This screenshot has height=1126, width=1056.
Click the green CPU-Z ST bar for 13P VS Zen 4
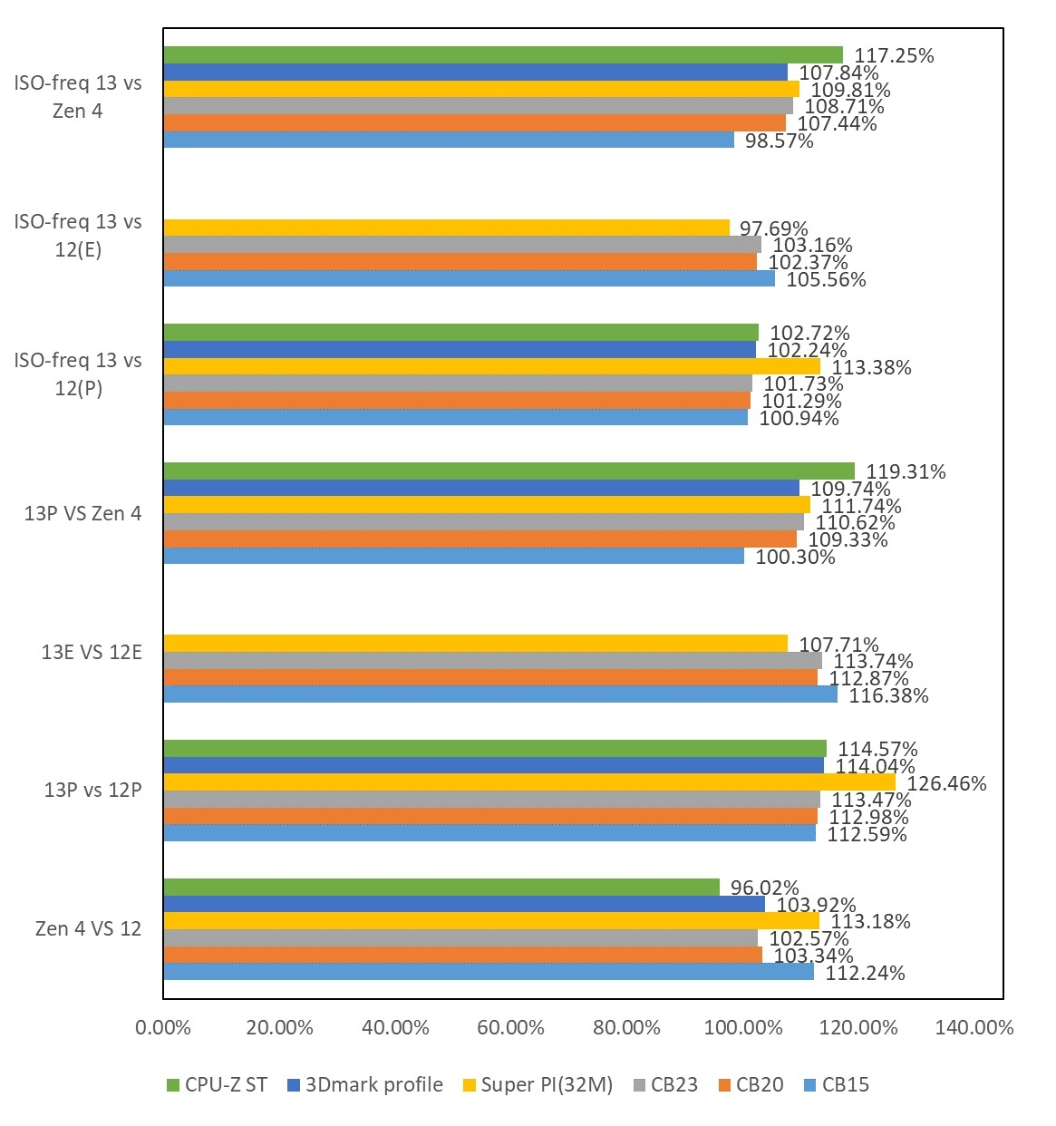[508, 471]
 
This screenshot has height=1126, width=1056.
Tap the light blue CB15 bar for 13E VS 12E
[499, 694]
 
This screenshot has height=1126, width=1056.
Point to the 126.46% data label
[946, 783]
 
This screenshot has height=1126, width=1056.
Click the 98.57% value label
[779, 141]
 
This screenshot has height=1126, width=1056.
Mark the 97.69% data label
[773, 228]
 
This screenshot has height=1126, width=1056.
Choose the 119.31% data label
[906, 471]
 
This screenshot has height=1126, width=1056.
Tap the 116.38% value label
[888, 695]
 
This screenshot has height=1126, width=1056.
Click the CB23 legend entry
[664, 1085]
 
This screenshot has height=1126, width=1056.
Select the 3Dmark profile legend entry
[364, 1085]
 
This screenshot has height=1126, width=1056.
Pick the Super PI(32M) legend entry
[538, 1085]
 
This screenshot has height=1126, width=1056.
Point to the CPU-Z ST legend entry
[217, 1085]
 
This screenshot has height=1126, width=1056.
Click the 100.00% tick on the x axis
[743, 1028]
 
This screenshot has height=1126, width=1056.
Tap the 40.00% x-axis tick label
[395, 1028]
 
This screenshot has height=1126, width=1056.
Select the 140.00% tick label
[974, 1028]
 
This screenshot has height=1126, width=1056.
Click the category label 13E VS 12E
[92, 652]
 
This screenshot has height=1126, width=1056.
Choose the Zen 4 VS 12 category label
[88, 928]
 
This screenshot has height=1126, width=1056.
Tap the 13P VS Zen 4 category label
[82, 513]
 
